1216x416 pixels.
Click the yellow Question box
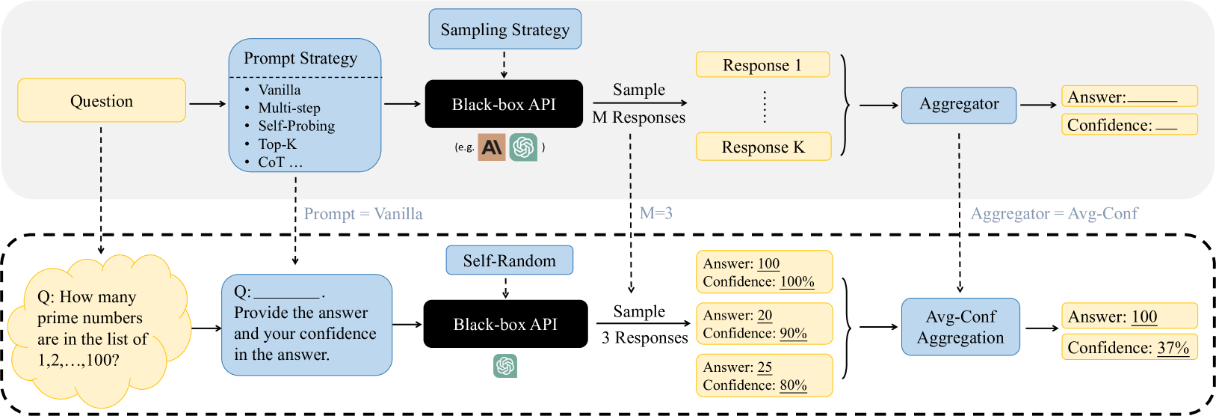coord(102,100)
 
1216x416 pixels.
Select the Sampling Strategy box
coord(505,29)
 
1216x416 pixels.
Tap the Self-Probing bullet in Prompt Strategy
coord(296,126)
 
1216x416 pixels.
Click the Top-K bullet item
coord(277,144)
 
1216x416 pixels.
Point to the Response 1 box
coord(762,65)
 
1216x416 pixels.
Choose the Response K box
coord(763,147)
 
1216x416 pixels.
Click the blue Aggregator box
coord(959,105)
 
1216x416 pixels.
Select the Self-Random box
coord(509,260)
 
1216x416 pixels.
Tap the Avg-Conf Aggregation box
coord(960,327)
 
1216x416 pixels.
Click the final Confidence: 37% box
coord(1129,347)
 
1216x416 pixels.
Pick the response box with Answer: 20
coord(764,324)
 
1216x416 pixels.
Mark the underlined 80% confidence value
coord(793,385)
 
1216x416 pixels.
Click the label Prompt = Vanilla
coord(363,214)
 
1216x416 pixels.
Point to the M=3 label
coord(656,213)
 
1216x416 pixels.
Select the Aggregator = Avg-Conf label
coord(1054,214)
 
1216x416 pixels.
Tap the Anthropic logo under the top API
coord(492,147)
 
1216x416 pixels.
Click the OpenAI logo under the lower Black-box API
coord(505,366)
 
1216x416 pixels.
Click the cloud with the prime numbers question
coord(97,328)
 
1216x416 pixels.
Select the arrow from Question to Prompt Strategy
coord(207,103)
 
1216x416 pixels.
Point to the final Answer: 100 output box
coord(1129,316)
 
